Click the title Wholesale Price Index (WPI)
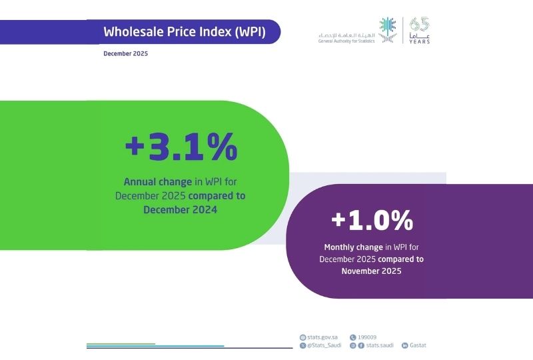pyautogui.click(x=185, y=32)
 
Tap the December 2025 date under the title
pyautogui.click(x=126, y=53)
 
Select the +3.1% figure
pyautogui.click(x=181, y=147)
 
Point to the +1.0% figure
pyautogui.click(x=372, y=220)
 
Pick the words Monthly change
pyautogui.click(x=353, y=247)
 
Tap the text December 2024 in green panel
pyautogui.click(x=180, y=209)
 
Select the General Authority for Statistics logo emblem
pyautogui.click(x=388, y=31)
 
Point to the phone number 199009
pyautogui.click(x=368, y=337)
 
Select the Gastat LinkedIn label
pyautogui.click(x=418, y=345)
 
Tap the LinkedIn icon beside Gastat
pyautogui.click(x=404, y=345)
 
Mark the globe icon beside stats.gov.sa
pyautogui.click(x=303, y=337)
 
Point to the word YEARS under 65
pyautogui.click(x=420, y=41)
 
